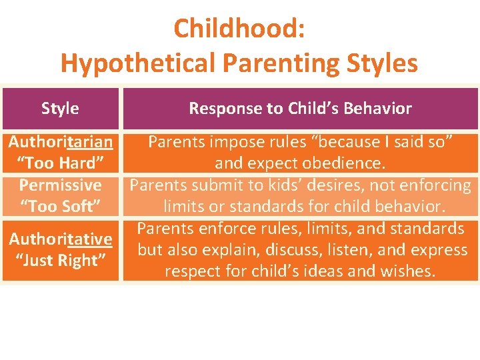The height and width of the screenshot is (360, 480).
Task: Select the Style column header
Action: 60,109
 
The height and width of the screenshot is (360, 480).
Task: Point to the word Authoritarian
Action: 60,142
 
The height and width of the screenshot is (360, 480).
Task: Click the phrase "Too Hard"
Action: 60,163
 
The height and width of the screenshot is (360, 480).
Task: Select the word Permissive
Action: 60,185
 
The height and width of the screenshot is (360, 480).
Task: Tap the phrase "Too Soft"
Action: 60,206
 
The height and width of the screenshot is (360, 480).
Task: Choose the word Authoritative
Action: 60,239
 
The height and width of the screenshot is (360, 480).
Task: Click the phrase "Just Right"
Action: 60,260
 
